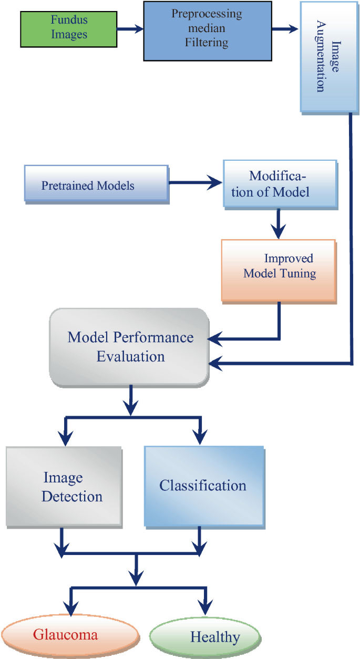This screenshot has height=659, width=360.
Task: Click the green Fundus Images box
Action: [68, 27]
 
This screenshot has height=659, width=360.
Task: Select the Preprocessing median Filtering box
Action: [207, 30]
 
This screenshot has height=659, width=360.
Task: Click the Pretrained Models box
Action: [97, 185]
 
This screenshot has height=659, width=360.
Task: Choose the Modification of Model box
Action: [279, 184]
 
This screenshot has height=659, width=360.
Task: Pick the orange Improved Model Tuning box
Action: [279, 270]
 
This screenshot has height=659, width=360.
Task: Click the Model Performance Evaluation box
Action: [129, 347]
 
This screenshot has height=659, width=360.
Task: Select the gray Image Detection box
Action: [64, 487]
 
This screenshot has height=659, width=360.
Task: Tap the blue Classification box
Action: [203, 486]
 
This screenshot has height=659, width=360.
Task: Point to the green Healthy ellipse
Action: [205, 637]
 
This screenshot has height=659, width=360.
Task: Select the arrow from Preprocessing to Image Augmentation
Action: [286, 29]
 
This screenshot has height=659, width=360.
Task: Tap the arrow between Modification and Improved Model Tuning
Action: [279, 224]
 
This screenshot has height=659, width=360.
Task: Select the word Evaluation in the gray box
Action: [130, 356]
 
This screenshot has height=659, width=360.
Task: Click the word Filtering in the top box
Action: [207, 42]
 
